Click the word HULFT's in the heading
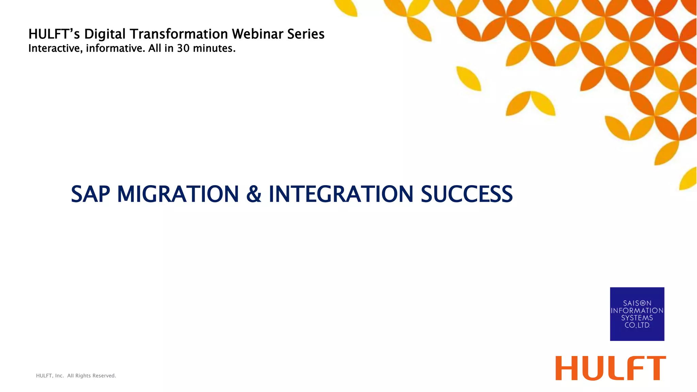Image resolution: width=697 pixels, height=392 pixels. [54, 34]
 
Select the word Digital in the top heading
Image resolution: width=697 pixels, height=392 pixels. [105, 34]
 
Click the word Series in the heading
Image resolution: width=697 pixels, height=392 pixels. [306, 34]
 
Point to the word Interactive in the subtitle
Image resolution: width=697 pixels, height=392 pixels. [55, 49]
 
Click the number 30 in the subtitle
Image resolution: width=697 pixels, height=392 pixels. [183, 48]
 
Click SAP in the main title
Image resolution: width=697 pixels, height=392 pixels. [91, 194]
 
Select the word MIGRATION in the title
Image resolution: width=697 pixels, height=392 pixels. [178, 194]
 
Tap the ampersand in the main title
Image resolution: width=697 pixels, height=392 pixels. [254, 194]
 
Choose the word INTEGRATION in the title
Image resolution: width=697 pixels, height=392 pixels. [341, 194]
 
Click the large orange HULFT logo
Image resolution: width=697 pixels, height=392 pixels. [611, 368]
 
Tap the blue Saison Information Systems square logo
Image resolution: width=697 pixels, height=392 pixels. [637, 314]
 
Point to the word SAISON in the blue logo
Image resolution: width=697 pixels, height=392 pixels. [637, 303]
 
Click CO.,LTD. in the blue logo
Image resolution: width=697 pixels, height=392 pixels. [637, 325]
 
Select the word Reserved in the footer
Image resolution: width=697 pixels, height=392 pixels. [104, 376]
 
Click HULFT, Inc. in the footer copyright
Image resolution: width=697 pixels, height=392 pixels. [50, 376]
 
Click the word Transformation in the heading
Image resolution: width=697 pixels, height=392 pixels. [179, 34]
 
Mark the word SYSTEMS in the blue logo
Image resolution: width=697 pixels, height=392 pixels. [637, 318]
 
